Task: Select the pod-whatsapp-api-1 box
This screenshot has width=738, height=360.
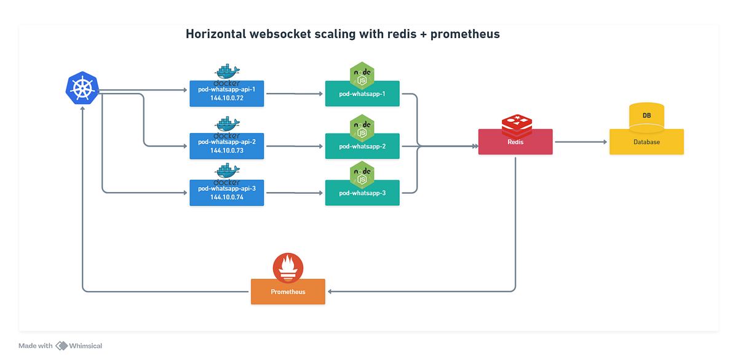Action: click(227, 94)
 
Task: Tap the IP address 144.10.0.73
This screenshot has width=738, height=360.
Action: click(227, 150)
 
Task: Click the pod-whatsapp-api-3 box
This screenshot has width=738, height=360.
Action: click(227, 193)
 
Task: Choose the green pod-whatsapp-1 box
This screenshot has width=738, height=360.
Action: click(362, 94)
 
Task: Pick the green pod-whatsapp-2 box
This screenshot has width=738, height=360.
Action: click(362, 146)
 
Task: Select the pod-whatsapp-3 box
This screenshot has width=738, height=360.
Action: click(362, 193)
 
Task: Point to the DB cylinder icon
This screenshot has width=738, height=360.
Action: click(646, 116)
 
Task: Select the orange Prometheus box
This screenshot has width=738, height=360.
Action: click(288, 292)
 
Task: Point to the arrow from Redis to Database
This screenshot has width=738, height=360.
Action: click(581, 142)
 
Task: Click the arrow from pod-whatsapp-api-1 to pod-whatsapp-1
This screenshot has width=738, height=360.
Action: click(295, 94)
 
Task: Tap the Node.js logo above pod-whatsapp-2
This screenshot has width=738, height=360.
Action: click(362, 128)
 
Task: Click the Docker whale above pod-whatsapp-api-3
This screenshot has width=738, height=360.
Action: click(227, 172)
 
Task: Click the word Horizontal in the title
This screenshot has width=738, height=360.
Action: click(217, 34)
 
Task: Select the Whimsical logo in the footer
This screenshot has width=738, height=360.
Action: click(61, 346)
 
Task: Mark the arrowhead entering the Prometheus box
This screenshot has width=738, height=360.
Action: click(329, 291)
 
